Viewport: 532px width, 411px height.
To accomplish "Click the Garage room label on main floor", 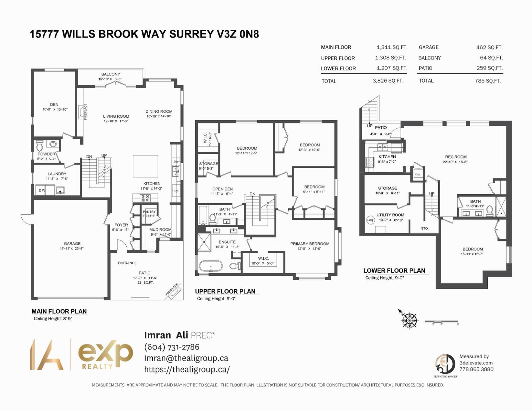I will coord(72,243).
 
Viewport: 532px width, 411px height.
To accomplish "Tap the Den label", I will coord(54,104).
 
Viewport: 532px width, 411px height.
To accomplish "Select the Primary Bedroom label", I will coord(310,244).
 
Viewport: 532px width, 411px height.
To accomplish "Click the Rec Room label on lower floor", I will coord(456,157).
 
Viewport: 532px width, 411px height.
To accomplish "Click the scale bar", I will coord(442,322).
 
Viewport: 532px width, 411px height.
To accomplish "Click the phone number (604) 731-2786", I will coord(172,347).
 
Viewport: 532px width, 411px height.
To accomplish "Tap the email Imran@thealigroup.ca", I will coord(186,358).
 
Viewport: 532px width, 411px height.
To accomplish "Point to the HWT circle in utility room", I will coord(370,220).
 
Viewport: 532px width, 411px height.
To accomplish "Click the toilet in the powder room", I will coord(40,146).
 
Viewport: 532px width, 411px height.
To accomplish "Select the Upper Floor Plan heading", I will coord(225,291).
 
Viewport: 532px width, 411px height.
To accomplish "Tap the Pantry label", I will coord(149,212).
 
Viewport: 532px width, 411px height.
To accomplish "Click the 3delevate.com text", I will coord(476,363).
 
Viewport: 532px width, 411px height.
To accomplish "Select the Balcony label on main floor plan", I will coord(111,74).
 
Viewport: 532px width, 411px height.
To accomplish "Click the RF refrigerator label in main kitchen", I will coord(176,191).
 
